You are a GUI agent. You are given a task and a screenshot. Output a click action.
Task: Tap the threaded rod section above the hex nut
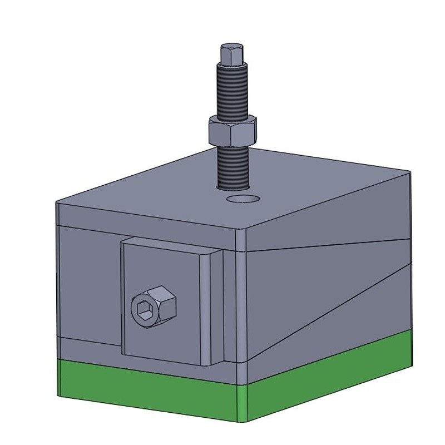point(231,92)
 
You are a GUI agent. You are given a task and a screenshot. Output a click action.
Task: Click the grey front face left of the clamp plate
point(89,284)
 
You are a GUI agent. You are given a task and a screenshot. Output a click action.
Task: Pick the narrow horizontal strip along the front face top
point(145,220)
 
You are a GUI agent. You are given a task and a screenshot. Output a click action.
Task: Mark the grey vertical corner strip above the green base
point(240,306)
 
